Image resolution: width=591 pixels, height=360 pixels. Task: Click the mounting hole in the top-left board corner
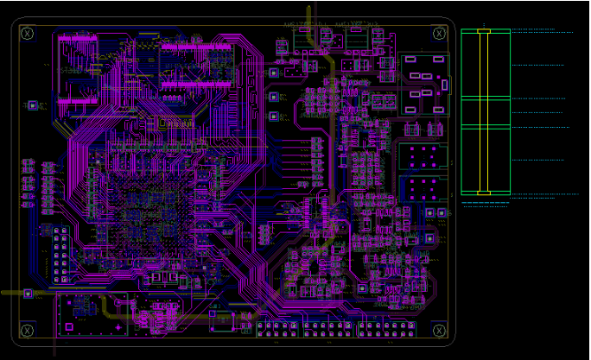[x=28, y=33]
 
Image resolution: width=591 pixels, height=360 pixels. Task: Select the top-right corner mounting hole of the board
[x=439, y=34]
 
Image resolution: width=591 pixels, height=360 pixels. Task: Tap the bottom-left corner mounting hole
[x=28, y=331]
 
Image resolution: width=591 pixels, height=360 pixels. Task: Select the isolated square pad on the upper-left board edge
[x=34, y=105]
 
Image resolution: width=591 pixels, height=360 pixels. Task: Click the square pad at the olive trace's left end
[x=28, y=294]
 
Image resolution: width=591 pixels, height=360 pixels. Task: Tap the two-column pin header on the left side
[x=60, y=256]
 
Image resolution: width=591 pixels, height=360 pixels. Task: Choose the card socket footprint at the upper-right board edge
[x=424, y=84]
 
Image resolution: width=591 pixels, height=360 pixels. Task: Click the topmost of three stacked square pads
[x=274, y=73]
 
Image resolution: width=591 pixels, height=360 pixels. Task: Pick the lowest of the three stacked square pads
[x=274, y=116]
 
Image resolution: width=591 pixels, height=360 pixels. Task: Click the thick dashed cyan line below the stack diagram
[x=486, y=203]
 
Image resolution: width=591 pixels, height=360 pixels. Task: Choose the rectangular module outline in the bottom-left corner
[x=92, y=312]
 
